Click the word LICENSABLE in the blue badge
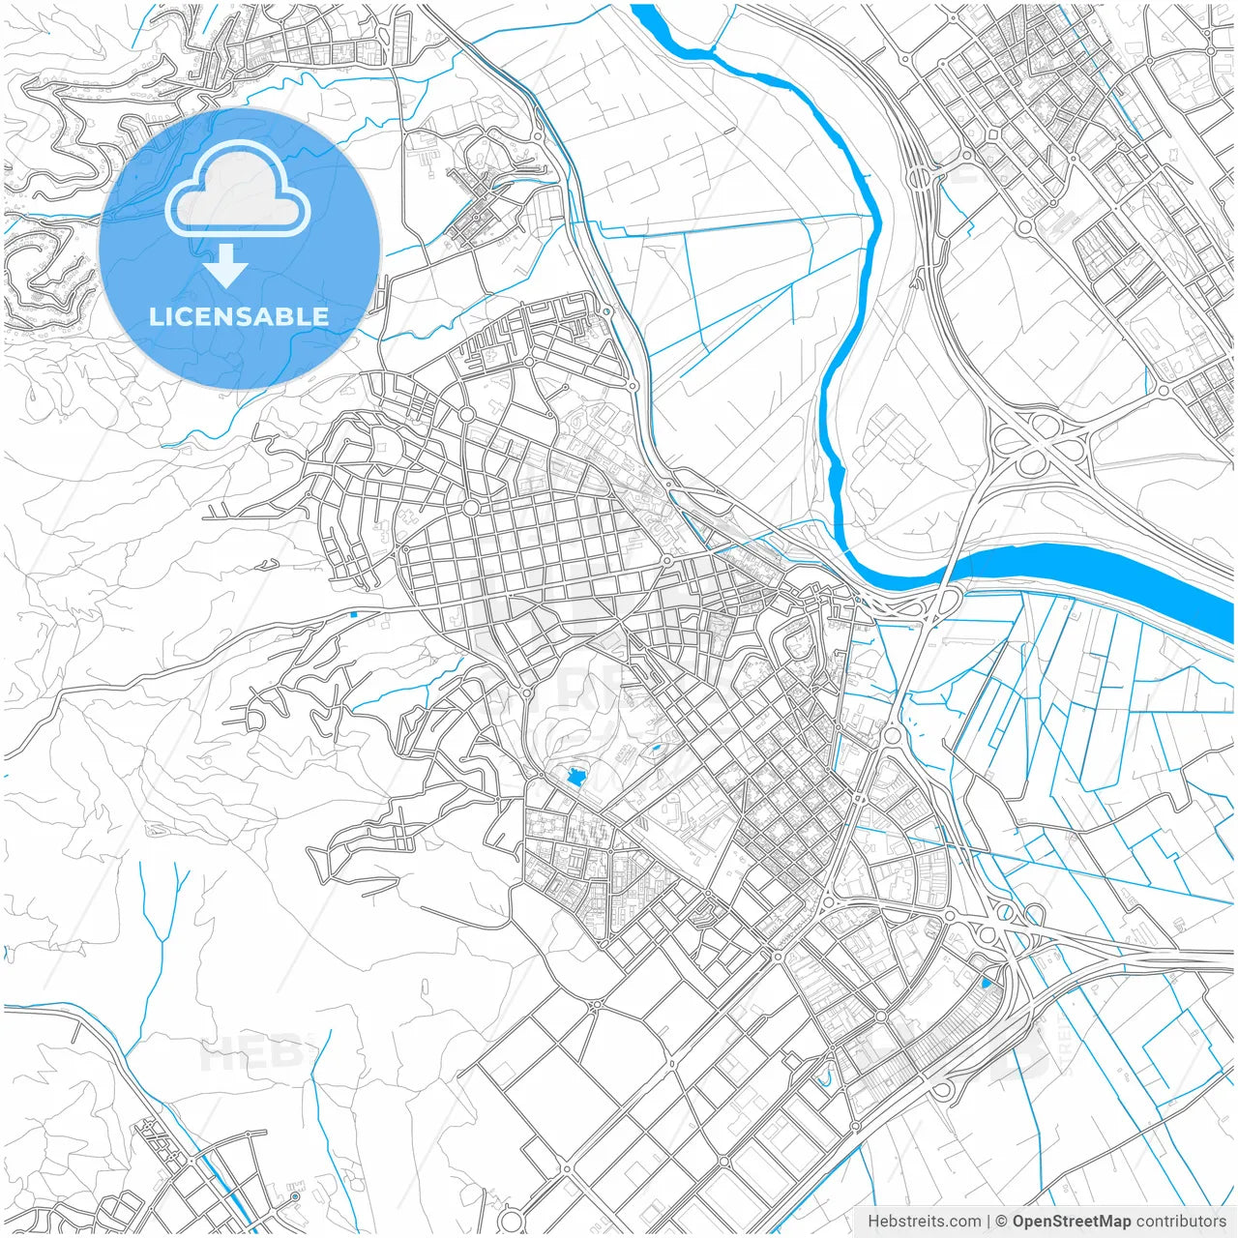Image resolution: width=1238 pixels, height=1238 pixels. pyautogui.click(x=239, y=316)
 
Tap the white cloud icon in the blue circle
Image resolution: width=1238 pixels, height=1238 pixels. pyautogui.click(x=237, y=191)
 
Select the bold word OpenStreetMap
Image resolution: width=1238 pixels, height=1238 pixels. pyautogui.click(x=1072, y=1222)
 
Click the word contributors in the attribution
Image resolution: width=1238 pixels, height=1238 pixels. pyautogui.click(x=1181, y=1222)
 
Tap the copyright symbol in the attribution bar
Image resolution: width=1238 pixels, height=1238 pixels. pyautogui.click(x=1002, y=1222)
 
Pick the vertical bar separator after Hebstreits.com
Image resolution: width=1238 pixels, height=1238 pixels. pyautogui.click(x=988, y=1222)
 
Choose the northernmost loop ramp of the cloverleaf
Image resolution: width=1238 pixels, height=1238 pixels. pyautogui.click(x=1043, y=423)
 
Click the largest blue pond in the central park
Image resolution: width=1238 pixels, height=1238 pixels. pyautogui.click(x=577, y=776)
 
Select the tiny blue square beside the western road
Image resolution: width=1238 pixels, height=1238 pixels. pyautogui.click(x=353, y=613)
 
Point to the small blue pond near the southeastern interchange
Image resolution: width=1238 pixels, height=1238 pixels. pyautogui.click(x=986, y=983)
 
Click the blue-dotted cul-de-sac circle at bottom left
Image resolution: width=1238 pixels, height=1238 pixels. pyautogui.click(x=295, y=1197)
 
